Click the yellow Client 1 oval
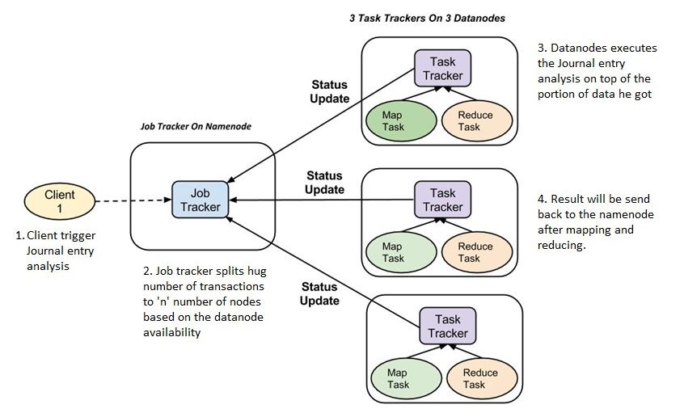[x=60, y=201]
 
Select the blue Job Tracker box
[x=200, y=200]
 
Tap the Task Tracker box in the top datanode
[x=442, y=69]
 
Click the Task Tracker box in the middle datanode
[x=442, y=200]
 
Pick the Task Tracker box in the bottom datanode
[x=447, y=326]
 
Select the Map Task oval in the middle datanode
[x=394, y=252]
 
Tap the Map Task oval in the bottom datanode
[x=398, y=378]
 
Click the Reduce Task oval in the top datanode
[x=475, y=121]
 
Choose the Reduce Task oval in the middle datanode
[x=475, y=252]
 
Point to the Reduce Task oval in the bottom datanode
[x=479, y=378]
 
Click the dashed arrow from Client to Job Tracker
[x=134, y=201]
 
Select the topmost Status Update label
[x=330, y=91]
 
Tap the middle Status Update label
[x=324, y=183]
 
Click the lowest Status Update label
[x=320, y=293]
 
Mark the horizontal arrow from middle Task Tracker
[x=323, y=200]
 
